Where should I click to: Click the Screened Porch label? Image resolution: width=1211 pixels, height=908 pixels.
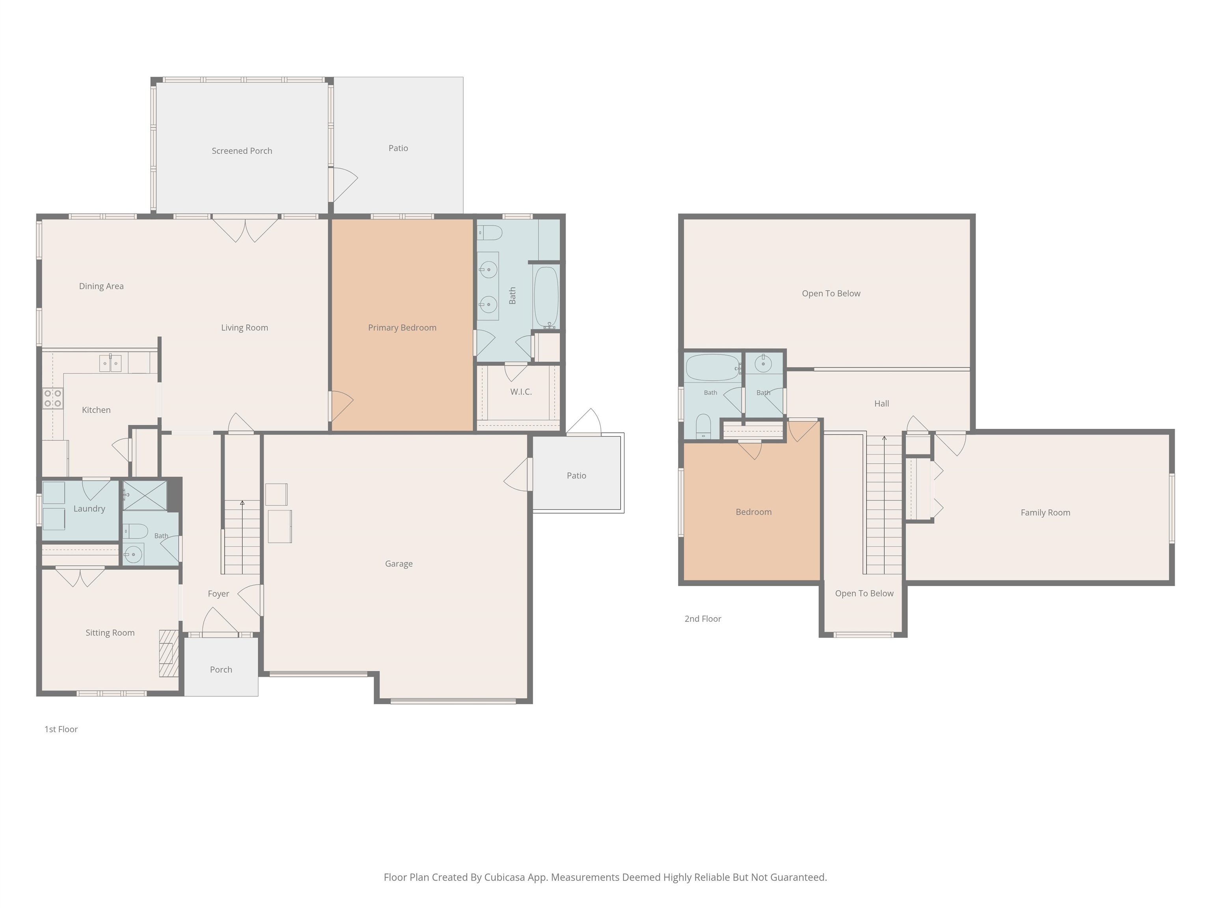242,151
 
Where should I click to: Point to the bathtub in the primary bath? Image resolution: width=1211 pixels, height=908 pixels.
546,297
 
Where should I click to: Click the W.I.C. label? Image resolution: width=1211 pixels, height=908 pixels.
521,392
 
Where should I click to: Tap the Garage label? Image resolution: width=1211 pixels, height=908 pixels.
399,564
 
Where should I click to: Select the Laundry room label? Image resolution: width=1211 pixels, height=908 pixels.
89,508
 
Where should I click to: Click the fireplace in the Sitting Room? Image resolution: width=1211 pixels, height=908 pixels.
169,653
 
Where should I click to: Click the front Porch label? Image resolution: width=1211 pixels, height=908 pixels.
221,669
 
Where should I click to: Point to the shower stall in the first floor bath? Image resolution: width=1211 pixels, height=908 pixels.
145,495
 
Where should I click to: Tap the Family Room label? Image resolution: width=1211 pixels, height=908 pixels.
1045,513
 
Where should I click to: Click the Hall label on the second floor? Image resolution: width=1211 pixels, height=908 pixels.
881,404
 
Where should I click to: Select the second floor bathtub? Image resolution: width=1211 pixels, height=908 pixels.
713,368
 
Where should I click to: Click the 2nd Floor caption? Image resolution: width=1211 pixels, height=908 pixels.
703,618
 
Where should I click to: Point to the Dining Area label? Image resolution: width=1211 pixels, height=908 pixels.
101,286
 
